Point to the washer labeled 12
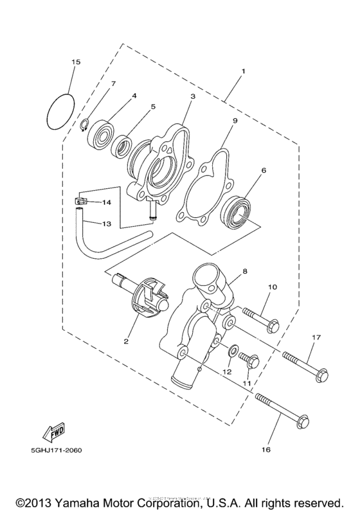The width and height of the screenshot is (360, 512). (230, 351)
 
